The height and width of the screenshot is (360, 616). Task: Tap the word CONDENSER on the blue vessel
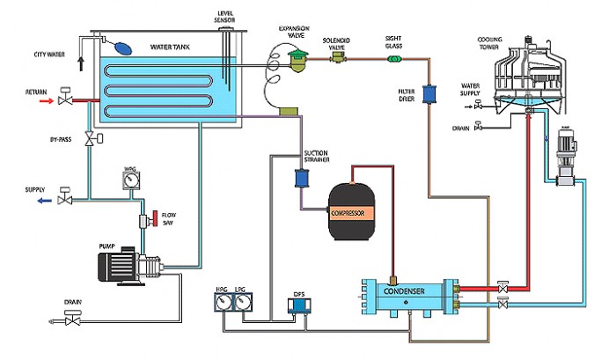coord(406,291)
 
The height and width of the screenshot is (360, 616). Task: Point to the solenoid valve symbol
coord(338,58)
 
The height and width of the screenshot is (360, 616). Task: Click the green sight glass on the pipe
coord(393,59)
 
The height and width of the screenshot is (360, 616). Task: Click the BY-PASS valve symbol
coord(89,139)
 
